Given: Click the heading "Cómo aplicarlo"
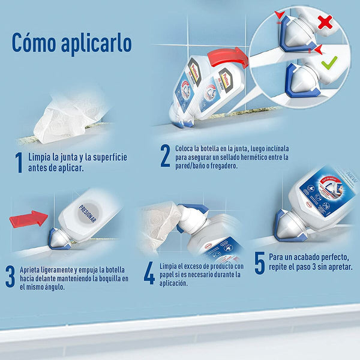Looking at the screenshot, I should (71, 43).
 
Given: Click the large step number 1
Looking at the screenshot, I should (19, 161).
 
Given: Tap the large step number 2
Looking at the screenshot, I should (165, 156).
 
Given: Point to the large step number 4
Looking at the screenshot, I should (149, 274).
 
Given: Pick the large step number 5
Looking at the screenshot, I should (259, 263).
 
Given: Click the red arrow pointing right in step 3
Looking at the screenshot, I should (28, 218).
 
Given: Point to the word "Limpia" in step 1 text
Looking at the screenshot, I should (41, 157).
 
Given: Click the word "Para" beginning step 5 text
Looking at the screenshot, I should (278, 257).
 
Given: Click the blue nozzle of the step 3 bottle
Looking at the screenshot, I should (60, 238).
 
